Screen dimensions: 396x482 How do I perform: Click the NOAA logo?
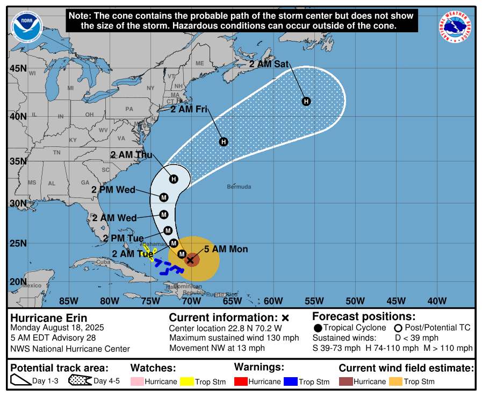tap(26, 26)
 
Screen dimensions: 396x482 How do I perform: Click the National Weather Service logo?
tap(456, 27)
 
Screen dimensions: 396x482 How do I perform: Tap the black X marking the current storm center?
tap(190, 260)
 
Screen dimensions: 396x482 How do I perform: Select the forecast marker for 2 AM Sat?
tap(306, 101)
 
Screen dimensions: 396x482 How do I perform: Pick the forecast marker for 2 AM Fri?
tap(224, 142)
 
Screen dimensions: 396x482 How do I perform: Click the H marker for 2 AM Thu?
tap(174, 179)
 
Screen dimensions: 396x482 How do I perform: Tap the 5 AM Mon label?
tap(226, 249)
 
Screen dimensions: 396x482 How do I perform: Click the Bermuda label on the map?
tap(239, 187)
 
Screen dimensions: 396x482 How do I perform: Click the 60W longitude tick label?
tap(273, 300)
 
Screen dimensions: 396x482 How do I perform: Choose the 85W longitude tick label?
tap(68, 300)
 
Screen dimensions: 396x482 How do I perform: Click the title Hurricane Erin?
tap(49, 318)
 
